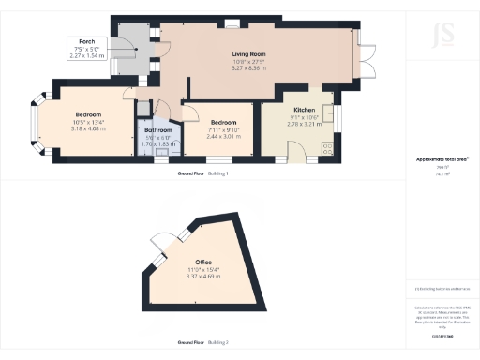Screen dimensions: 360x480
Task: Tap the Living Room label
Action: point(250,54)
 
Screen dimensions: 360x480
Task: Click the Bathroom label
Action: point(157,130)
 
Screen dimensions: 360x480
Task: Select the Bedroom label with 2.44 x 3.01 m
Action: point(224,123)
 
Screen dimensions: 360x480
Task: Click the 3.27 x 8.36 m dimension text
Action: point(250,68)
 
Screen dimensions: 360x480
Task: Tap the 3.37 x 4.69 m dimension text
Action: point(203,277)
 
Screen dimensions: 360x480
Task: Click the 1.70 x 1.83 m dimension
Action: point(157,144)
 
